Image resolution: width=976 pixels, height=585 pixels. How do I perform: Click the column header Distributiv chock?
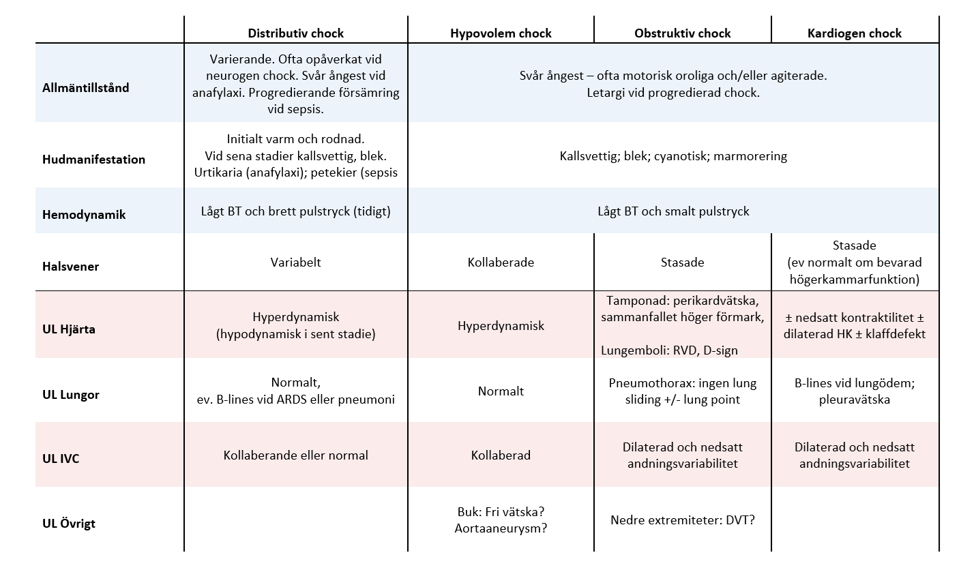pos(295,33)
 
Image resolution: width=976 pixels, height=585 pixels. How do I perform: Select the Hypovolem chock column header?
pos(501,33)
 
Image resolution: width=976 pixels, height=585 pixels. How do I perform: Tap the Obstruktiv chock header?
pos(682,33)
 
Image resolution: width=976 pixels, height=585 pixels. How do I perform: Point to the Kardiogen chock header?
pos(855,33)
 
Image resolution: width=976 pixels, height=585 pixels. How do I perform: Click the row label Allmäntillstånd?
pos(85,88)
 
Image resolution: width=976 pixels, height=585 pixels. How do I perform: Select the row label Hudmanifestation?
pos(93,160)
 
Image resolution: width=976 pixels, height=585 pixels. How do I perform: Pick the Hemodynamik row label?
pos(84,215)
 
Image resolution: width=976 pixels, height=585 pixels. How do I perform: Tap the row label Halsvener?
pos(70,267)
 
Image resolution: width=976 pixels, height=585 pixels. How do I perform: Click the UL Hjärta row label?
pos(68,329)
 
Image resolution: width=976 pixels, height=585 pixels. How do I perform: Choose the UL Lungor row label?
pos(70,395)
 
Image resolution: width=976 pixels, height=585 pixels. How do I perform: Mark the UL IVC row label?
pos(61,459)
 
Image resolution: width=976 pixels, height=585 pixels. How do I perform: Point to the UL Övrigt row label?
pos(68,523)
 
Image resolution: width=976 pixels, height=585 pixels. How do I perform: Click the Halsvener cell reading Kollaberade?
pos(501,262)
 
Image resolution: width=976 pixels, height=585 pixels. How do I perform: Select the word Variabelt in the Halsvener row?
pos(295,262)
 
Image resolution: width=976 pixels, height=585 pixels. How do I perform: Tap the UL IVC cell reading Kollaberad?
pos(501,455)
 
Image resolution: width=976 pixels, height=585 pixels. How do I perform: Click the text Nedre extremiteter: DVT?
pos(682,520)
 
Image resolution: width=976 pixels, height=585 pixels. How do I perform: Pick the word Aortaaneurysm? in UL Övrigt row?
pos(501,528)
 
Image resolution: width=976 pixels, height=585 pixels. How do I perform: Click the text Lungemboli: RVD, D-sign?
pos(669,350)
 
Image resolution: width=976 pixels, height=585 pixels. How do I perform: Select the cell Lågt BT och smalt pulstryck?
pos(673,211)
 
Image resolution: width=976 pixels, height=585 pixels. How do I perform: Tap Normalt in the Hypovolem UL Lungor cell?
pos(501,391)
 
